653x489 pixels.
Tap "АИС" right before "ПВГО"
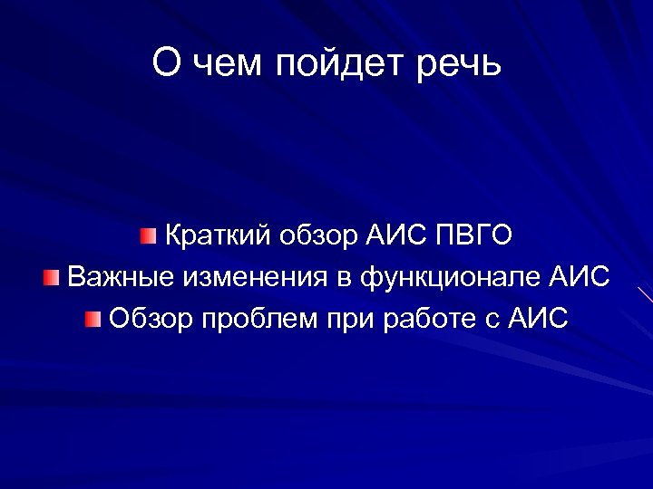396,235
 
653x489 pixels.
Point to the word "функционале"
450,276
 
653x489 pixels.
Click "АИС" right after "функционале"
580,276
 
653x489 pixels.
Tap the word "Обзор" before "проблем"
147,318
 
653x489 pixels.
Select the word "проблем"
246,318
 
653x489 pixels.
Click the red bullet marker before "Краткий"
149,237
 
